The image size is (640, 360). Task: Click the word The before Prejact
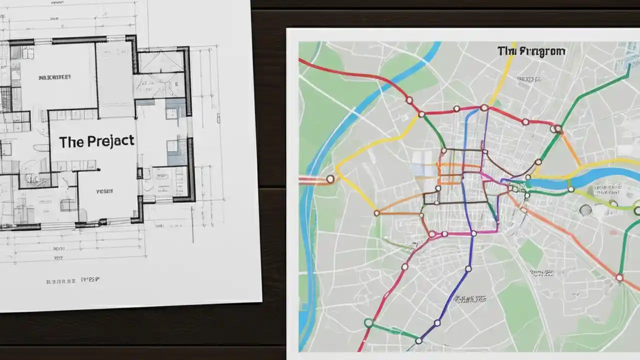[71, 142]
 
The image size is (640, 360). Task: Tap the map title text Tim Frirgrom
[531, 51]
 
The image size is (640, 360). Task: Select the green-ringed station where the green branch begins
[368, 323]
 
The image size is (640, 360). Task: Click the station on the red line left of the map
[330, 179]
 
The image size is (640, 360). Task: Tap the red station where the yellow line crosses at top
[484, 107]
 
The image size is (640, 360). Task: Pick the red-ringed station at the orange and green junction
[558, 129]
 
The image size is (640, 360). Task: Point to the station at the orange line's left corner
[376, 213]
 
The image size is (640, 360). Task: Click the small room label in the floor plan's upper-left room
[54, 77]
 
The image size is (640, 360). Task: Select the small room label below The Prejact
[104, 191]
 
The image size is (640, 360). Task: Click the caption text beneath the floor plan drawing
[73, 280]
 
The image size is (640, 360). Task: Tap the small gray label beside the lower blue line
[470, 299]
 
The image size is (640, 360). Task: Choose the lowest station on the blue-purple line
[418, 341]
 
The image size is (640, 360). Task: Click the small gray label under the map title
[529, 79]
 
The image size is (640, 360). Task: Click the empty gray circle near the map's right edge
[585, 210]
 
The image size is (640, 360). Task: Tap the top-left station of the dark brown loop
[443, 150]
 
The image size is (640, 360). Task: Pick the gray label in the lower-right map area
[542, 273]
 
